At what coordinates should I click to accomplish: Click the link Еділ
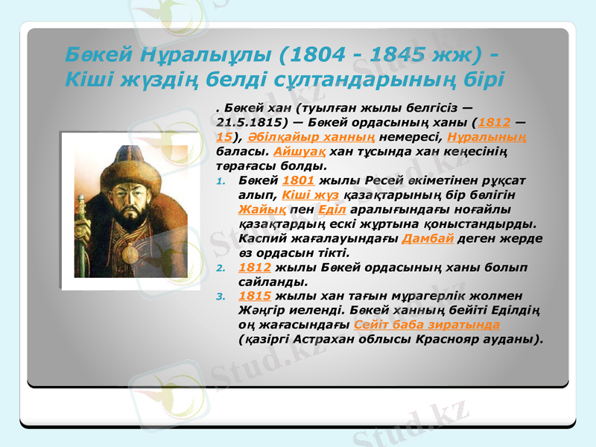(x=329, y=209)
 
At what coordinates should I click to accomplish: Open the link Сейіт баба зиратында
(x=428, y=326)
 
